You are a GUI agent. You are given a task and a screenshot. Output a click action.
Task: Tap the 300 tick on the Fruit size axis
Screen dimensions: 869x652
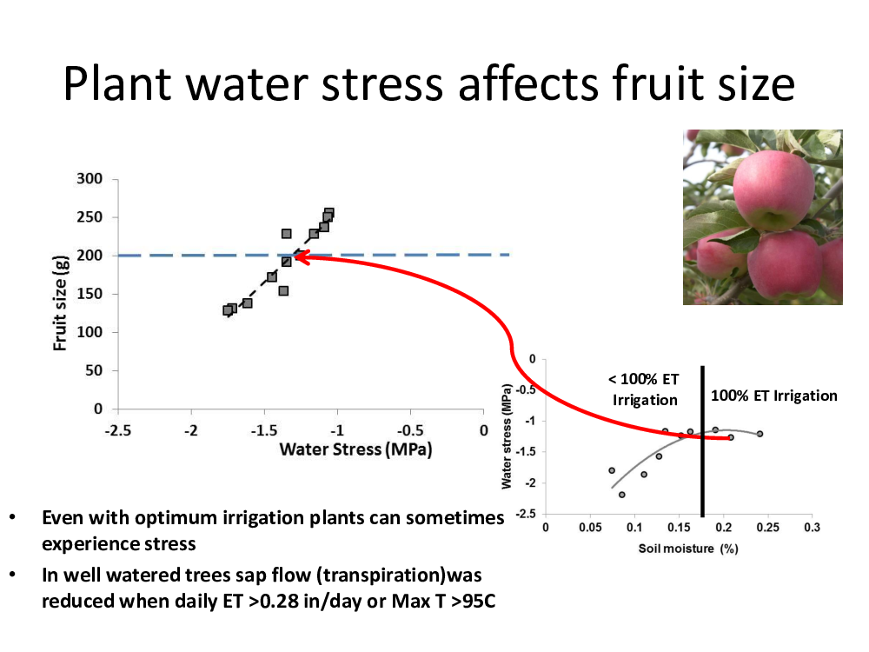click(x=90, y=179)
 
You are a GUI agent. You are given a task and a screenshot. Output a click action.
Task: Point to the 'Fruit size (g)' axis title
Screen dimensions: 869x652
click(x=60, y=303)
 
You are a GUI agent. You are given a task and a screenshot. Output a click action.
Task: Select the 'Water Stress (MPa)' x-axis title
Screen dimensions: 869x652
click(x=355, y=449)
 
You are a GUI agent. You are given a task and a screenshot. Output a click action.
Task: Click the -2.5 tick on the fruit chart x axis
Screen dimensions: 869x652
click(x=117, y=431)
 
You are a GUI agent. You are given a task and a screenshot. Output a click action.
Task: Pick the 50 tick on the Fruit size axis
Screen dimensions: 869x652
click(x=94, y=370)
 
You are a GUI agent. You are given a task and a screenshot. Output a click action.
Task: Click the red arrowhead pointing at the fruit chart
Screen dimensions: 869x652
click(x=302, y=257)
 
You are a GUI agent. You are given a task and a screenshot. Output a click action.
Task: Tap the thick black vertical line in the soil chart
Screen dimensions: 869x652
click(x=702, y=442)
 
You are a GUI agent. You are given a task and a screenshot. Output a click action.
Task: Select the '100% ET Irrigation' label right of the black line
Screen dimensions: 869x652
click(x=773, y=396)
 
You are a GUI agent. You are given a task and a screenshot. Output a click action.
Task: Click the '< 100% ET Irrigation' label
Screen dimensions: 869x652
click(x=644, y=389)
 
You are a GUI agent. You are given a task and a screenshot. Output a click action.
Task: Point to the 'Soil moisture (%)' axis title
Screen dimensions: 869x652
click(x=687, y=549)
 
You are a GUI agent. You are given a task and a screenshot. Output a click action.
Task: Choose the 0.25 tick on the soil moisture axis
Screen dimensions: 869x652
click(x=767, y=528)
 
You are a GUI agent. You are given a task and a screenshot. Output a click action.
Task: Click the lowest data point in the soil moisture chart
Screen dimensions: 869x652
click(x=622, y=495)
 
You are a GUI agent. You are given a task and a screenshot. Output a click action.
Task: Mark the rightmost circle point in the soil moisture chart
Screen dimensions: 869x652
click(x=760, y=434)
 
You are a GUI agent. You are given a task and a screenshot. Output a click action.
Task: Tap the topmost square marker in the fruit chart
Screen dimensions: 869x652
click(x=329, y=214)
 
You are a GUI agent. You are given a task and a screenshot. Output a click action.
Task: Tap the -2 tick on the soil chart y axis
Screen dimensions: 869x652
click(x=530, y=482)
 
